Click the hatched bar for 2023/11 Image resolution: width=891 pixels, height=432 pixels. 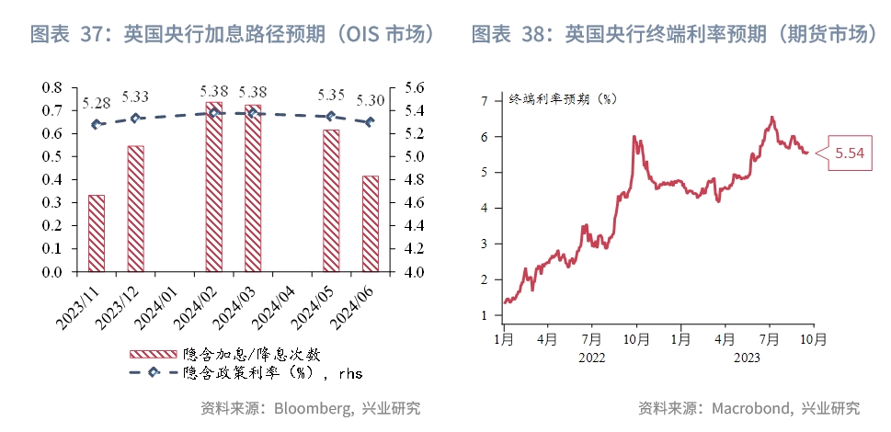pos(97,233)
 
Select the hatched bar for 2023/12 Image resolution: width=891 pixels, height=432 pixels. pos(135,209)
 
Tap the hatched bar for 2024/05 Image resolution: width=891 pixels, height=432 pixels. pos(331,200)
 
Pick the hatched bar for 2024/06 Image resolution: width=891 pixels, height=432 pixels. pos(371,223)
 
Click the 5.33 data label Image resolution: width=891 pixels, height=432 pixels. pos(136,97)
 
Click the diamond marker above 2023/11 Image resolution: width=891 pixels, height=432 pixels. pos(97,124)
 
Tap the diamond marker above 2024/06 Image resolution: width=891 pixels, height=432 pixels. pos(371,121)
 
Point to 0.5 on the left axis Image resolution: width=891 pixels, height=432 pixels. pos(52,156)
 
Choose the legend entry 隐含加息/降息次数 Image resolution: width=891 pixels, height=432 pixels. pos(250,353)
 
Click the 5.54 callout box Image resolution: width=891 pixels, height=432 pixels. pos(849,153)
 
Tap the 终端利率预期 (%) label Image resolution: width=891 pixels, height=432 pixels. pos(562,98)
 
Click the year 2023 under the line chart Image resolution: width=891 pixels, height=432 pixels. pos(747,359)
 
